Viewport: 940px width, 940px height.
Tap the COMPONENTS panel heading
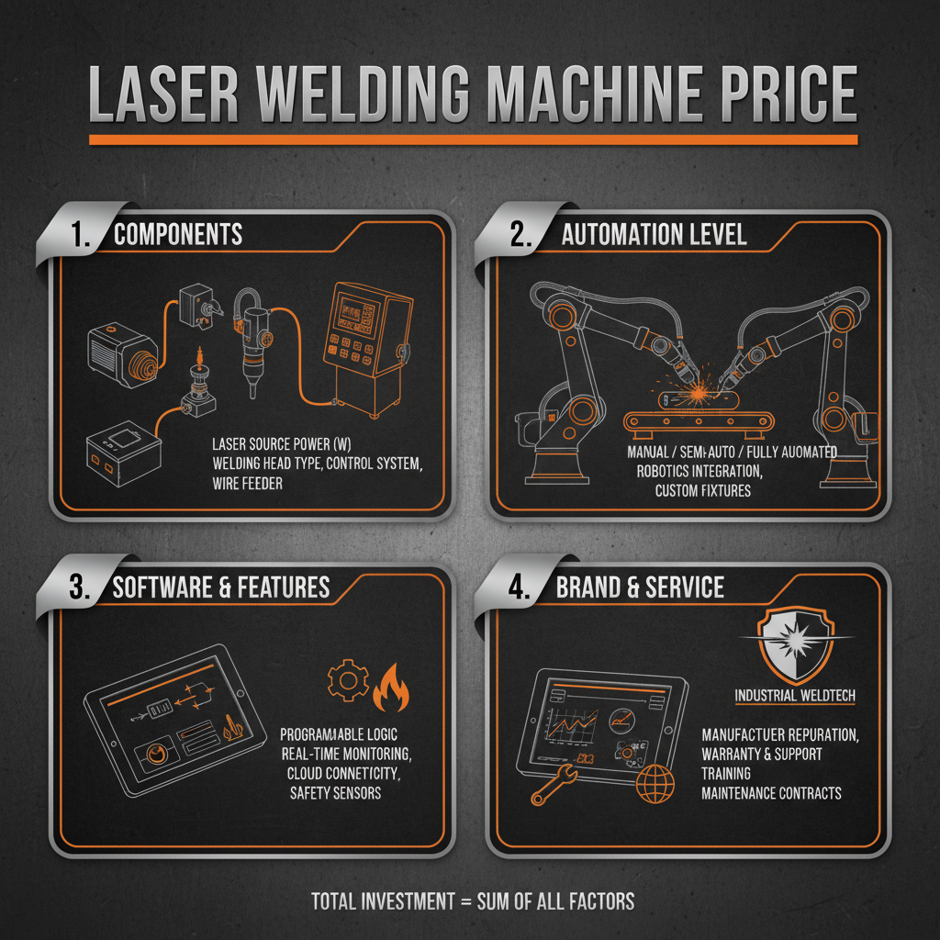[x=178, y=234]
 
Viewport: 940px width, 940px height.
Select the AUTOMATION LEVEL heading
[x=654, y=234]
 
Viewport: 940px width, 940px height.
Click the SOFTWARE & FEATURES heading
[x=220, y=587]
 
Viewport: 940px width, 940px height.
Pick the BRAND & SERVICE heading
[x=640, y=587]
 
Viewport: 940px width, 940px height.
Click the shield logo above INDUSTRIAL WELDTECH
[x=795, y=643]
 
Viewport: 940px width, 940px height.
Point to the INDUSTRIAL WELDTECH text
[x=795, y=696]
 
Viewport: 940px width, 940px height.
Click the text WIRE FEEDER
[x=248, y=483]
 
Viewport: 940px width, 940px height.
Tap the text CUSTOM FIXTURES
[x=702, y=491]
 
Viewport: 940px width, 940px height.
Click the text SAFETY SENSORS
[x=335, y=792]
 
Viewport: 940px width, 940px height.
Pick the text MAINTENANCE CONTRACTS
[x=771, y=792]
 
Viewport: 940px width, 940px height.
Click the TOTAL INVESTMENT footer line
[x=472, y=901]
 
